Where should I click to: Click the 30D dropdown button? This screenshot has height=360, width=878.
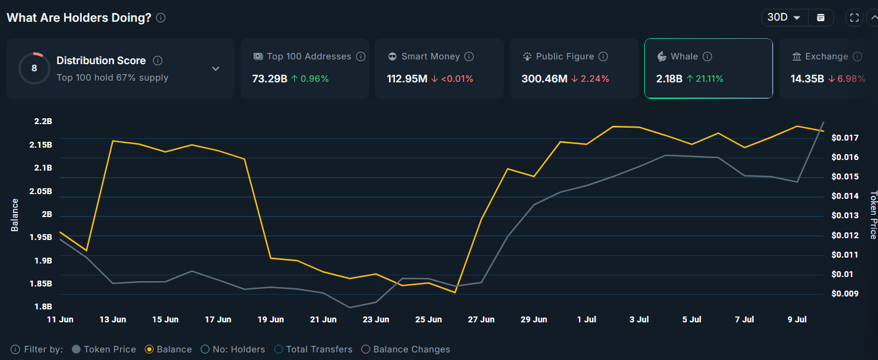point(784,18)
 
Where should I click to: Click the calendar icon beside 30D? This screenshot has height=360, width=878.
point(820,18)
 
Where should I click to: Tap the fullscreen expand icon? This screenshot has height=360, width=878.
point(854,18)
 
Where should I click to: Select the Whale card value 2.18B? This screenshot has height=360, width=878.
point(669,79)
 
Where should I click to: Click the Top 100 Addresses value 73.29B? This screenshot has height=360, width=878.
point(270,79)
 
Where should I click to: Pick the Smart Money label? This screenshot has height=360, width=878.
point(430,56)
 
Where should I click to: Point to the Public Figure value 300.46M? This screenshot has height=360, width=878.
point(543,79)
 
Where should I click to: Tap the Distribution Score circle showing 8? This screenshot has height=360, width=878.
point(34,68)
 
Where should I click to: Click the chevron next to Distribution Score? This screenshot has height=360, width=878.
point(215,68)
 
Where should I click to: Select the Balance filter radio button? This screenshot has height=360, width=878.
point(149,349)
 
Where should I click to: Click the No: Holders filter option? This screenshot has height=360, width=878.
point(205,349)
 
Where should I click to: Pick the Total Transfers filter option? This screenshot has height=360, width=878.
point(279,349)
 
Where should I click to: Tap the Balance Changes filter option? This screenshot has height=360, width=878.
point(366,349)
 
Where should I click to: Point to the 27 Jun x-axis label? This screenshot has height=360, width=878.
point(481,319)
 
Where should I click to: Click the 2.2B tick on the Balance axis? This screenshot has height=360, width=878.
point(43,122)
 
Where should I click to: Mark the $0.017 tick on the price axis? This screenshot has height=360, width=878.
point(844,138)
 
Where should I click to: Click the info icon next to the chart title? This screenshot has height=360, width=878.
point(161,18)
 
